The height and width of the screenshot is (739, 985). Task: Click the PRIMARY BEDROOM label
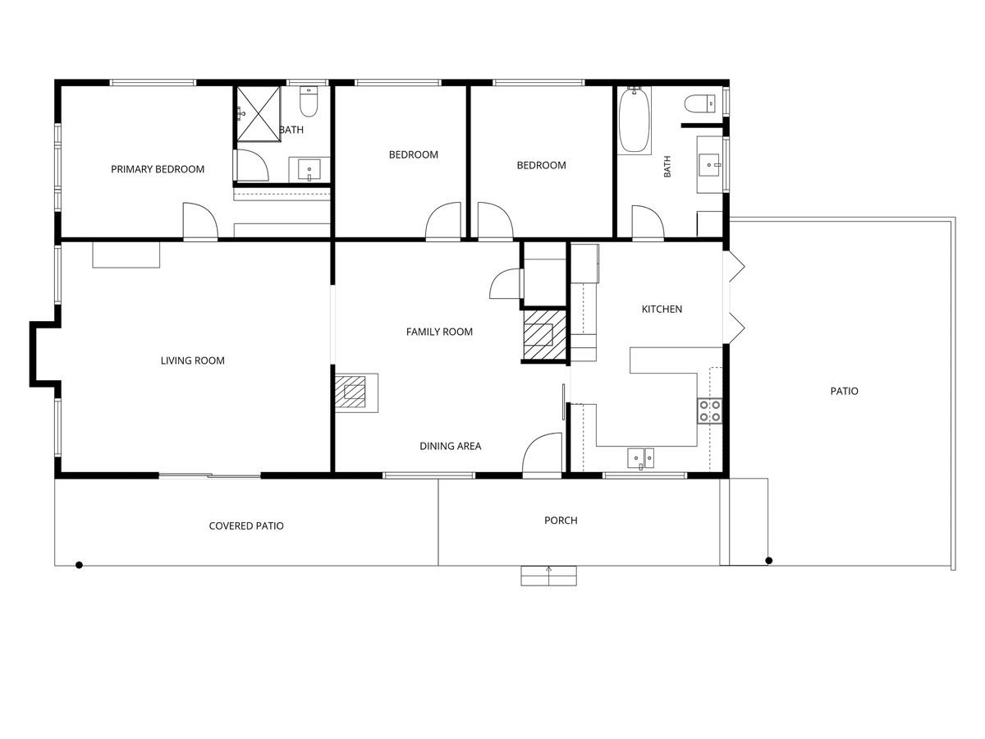(x=158, y=169)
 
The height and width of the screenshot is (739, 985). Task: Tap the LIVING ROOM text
(x=193, y=360)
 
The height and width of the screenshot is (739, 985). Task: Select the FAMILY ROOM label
(x=439, y=332)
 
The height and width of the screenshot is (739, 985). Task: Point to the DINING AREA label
(x=450, y=446)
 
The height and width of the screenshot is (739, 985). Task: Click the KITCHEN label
(x=662, y=310)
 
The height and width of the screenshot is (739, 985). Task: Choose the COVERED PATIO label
(x=246, y=526)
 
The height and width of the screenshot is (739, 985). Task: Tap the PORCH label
(x=561, y=521)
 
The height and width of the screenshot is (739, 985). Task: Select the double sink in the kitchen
(x=641, y=458)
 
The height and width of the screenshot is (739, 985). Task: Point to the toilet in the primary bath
(x=309, y=101)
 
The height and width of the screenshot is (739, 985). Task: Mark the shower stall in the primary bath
(x=259, y=114)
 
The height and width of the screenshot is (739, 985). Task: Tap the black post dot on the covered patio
(x=79, y=565)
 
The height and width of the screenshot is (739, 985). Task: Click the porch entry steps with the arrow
(x=548, y=576)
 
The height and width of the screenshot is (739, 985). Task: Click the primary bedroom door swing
(x=200, y=220)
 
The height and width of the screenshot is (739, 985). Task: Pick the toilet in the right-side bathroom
(x=700, y=103)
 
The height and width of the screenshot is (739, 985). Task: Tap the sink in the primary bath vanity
(x=309, y=169)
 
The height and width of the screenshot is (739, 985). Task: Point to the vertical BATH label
(x=667, y=167)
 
